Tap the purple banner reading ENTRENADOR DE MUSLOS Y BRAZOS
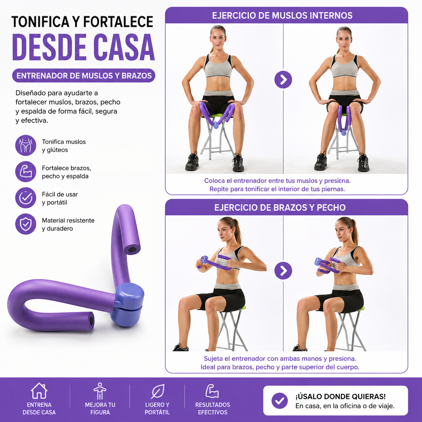pyautogui.click(x=84, y=76)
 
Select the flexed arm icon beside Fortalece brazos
pyautogui.click(x=26, y=172)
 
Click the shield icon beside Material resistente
pyautogui.click(x=26, y=224)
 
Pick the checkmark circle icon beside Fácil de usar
pyautogui.click(x=26, y=198)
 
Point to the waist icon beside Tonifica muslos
pyautogui.click(x=26, y=145)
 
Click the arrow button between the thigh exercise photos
pyautogui.click(x=283, y=80)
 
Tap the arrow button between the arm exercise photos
pyautogui.click(x=283, y=271)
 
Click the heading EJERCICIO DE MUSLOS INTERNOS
pyautogui.click(x=282, y=15)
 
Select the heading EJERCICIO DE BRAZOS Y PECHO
pyautogui.click(x=280, y=208)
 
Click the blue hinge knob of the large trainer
pyautogui.click(x=128, y=304)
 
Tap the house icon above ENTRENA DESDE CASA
pyautogui.click(x=39, y=391)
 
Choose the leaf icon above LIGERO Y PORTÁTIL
pyautogui.click(x=157, y=391)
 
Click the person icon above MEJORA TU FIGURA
pyautogui.click(x=100, y=391)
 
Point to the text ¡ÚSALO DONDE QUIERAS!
pyautogui.click(x=341, y=396)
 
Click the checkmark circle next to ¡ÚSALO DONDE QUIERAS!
pyautogui.click(x=280, y=400)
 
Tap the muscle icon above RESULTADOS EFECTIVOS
pyautogui.click(x=212, y=391)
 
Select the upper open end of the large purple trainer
pyautogui.click(x=132, y=249)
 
